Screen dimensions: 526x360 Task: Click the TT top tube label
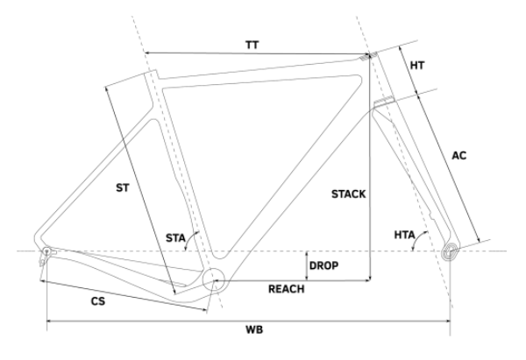pos(252,45)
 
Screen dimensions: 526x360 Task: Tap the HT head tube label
pos(417,66)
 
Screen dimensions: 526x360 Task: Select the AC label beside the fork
pos(458,156)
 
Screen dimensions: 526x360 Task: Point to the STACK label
pos(349,194)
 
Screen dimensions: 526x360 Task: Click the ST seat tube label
pos(123,188)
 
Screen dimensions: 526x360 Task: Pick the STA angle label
pos(175,238)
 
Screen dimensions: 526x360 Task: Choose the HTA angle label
pos(404,235)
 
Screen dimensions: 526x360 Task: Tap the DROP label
pos(323,265)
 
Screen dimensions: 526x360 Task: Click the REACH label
pos(287,289)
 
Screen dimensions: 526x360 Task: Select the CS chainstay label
pos(98,301)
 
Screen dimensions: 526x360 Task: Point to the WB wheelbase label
pos(254,329)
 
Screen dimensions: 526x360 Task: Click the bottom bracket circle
pos(214,279)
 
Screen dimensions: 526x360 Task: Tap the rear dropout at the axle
pos(47,251)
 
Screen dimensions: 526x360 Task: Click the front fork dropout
pos(451,251)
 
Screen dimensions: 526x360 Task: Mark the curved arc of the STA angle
pos(190,238)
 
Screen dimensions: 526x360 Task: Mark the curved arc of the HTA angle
pos(418,238)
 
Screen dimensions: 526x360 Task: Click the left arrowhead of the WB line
pos(49,321)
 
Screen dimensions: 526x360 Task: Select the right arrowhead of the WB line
pos(447,321)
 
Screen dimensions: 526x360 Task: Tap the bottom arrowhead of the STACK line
pos(369,278)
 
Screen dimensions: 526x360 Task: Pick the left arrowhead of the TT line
pos(147,53)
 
